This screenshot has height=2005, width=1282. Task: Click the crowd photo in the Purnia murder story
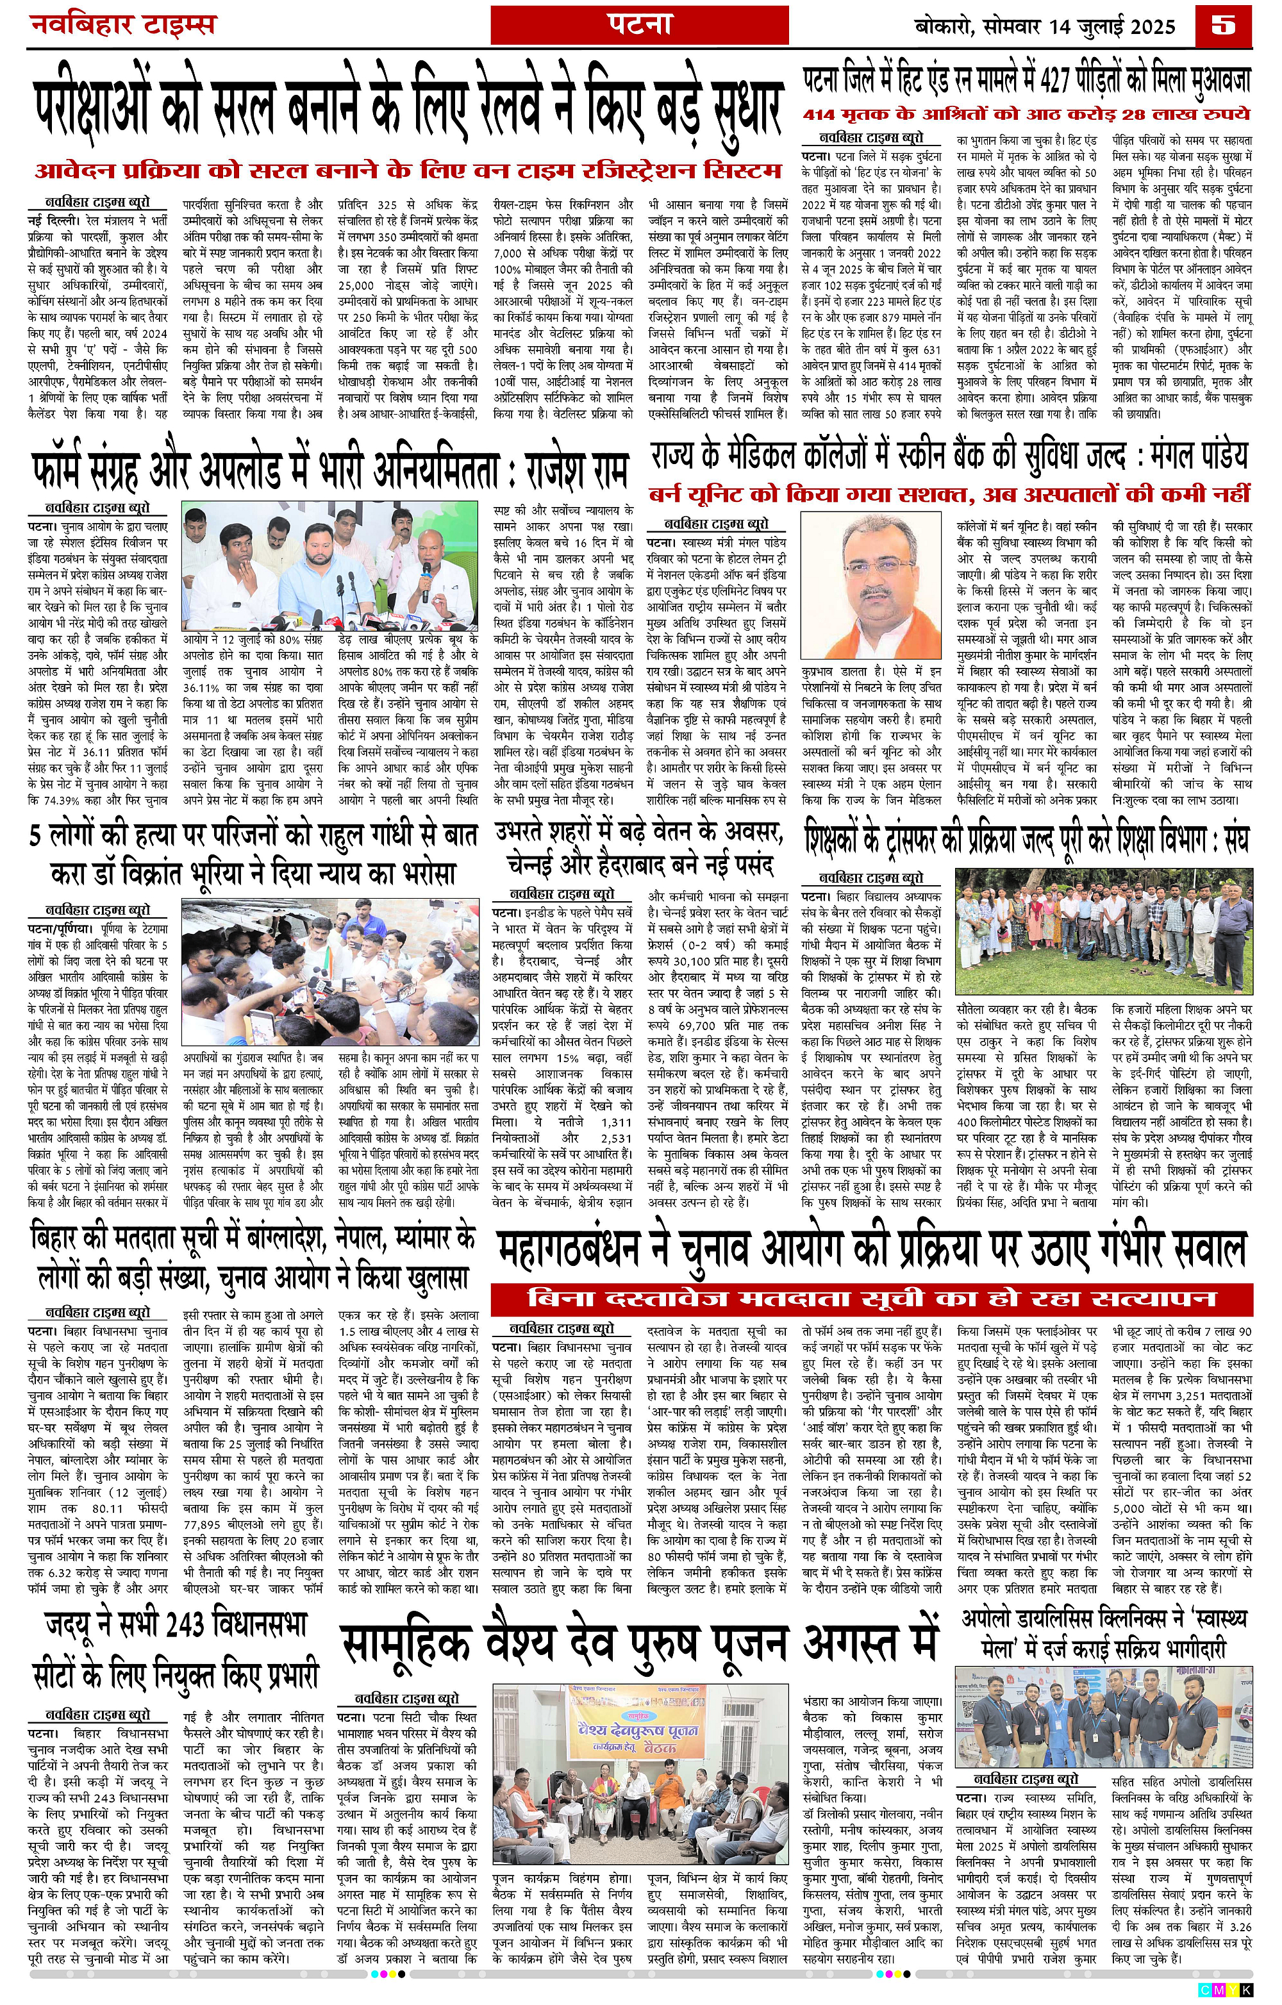[x=331, y=972]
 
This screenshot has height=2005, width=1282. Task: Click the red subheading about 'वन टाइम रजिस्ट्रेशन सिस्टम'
[x=408, y=171]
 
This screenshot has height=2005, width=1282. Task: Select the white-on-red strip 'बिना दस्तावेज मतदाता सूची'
[x=872, y=1297]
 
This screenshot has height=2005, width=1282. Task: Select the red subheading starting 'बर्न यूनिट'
[x=950, y=493]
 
